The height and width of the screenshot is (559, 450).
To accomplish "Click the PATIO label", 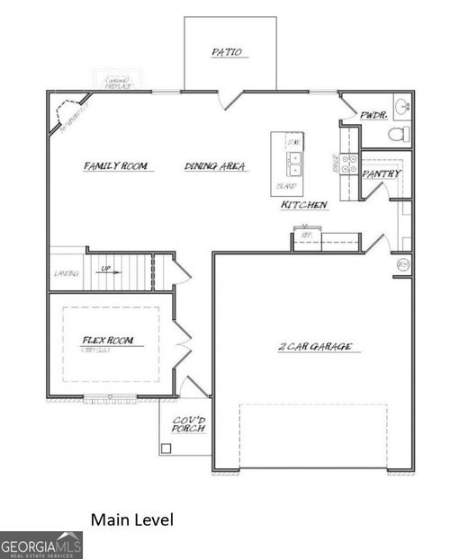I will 227,52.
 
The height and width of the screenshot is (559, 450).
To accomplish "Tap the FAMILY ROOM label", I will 114,166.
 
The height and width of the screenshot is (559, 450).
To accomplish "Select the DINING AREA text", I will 215,166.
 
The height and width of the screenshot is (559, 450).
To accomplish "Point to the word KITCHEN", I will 304,205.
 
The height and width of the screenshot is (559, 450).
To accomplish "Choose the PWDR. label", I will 373,116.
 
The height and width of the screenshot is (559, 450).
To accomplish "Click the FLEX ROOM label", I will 107,341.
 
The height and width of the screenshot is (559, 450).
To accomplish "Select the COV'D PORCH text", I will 189,422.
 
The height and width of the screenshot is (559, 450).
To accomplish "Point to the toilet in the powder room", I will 397,135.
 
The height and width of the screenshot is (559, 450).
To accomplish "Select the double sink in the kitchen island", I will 293,163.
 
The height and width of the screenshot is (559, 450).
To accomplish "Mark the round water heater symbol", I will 403,265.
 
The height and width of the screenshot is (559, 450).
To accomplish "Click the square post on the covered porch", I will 166,448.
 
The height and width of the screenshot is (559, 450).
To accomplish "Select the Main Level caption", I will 131,519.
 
